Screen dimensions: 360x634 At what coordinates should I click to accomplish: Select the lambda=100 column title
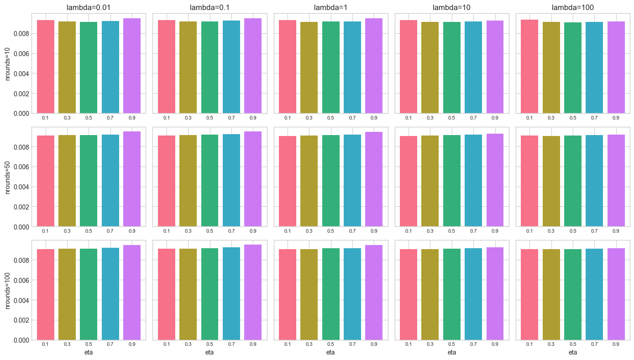click(x=573, y=7)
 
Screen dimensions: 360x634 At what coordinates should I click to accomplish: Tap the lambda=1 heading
click(x=330, y=7)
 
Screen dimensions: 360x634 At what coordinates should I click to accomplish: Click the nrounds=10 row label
click(x=8, y=63)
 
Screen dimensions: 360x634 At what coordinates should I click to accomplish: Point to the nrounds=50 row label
click(x=8, y=177)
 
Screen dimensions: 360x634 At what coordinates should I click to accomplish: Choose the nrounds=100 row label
click(x=8, y=290)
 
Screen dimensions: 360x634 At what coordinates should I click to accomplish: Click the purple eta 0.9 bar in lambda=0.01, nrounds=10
click(x=132, y=66)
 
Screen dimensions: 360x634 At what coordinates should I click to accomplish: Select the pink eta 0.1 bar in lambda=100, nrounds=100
click(x=529, y=294)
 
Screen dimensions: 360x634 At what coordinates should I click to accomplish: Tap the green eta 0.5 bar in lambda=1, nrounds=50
click(x=330, y=181)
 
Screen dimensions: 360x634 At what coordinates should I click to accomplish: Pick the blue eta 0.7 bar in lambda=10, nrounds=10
click(x=473, y=67)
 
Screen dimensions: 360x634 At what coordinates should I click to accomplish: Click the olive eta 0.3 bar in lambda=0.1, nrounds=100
click(x=188, y=294)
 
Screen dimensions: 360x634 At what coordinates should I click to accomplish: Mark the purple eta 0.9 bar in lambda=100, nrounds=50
click(x=616, y=180)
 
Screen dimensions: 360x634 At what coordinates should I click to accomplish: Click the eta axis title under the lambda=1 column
click(x=330, y=352)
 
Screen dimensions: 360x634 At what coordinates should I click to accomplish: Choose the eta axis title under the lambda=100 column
click(x=573, y=352)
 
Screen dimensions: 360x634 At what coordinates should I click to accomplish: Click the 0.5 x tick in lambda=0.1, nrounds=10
click(x=210, y=118)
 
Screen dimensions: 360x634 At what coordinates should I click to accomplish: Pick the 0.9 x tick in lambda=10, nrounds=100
click(x=495, y=344)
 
